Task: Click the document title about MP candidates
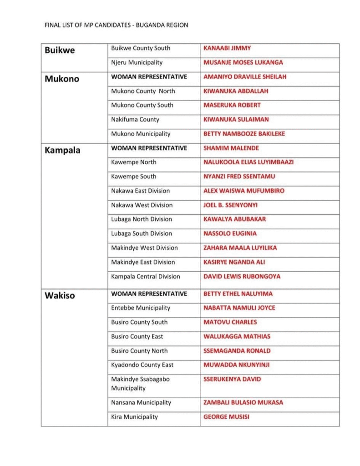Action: (x=116, y=25)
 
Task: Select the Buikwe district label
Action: (x=60, y=50)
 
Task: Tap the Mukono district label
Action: (x=62, y=79)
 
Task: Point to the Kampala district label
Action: (x=62, y=150)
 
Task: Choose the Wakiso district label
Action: (x=60, y=295)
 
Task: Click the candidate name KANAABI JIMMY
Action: (x=227, y=48)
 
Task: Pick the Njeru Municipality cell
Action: (x=137, y=62)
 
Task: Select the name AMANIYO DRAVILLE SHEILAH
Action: (x=245, y=77)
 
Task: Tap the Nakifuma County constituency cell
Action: (x=135, y=120)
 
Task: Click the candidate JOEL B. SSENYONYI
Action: (x=230, y=205)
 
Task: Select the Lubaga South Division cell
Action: (x=142, y=233)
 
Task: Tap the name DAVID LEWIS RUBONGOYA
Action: (x=242, y=276)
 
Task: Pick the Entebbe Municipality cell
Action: (x=141, y=308)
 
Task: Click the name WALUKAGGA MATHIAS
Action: (x=237, y=336)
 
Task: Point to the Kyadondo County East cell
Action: (x=142, y=365)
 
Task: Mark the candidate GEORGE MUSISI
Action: (x=226, y=417)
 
